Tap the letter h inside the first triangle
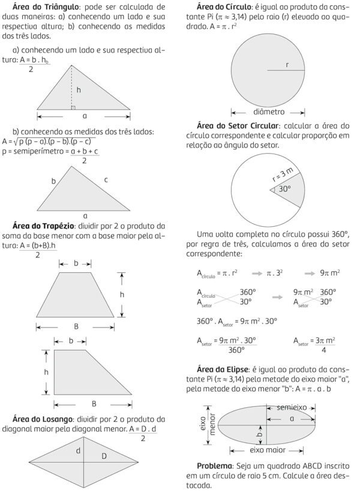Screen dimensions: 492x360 coord(78,90)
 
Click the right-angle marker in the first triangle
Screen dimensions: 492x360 coord(73,108)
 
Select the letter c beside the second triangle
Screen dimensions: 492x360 coord(106,179)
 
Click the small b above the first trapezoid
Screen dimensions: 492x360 coord(76,263)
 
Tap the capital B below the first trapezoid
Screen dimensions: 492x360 coord(76,326)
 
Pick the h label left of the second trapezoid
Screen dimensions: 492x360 coord(46,372)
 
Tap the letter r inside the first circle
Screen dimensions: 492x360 coord(287,64)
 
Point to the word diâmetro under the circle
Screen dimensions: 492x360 coord(269,112)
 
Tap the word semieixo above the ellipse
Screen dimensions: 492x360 coord(292,407)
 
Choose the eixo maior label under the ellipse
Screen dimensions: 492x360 coord(268,449)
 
